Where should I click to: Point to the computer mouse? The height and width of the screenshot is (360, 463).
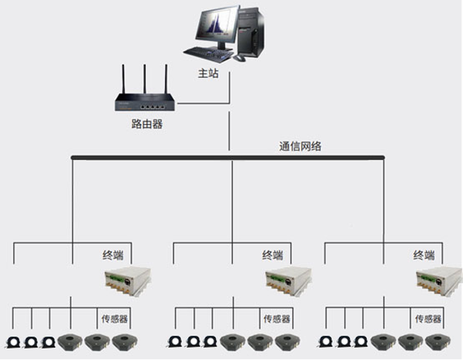[240, 58]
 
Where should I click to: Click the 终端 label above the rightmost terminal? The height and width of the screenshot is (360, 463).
[424, 255]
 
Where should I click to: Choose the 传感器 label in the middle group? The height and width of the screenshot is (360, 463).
[277, 319]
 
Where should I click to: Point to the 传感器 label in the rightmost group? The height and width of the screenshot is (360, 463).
[428, 319]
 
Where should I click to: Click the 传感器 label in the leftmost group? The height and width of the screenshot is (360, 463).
[114, 319]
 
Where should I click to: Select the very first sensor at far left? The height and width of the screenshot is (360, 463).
[14, 342]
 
